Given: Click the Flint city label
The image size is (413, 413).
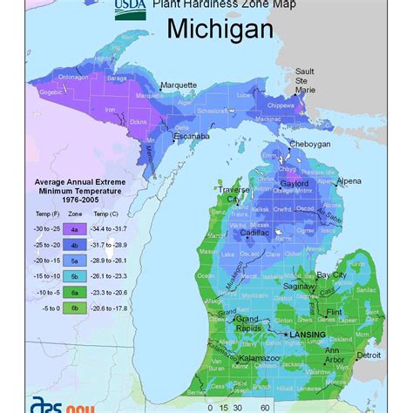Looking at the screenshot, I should [x=357, y=308].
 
